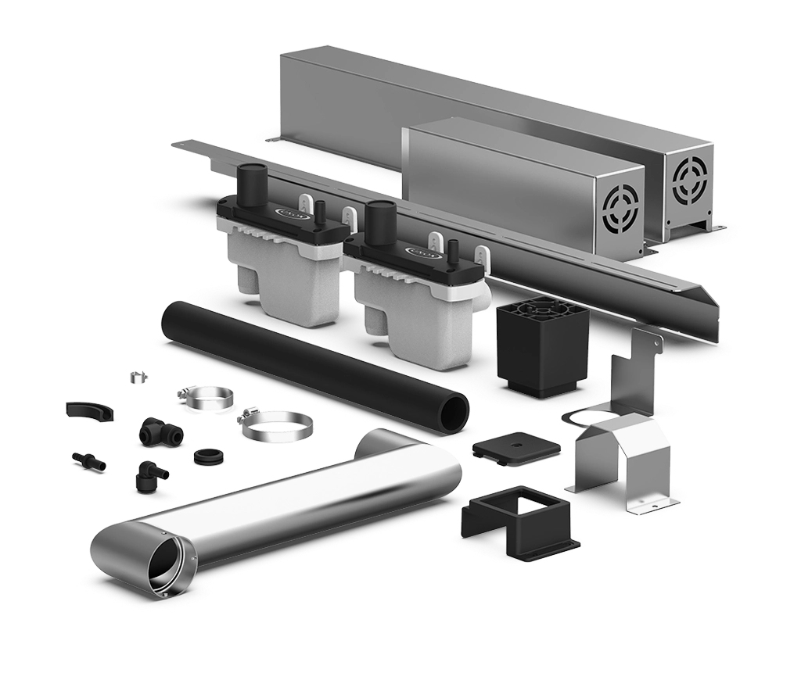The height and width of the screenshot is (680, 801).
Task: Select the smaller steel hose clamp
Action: click(x=207, y=398)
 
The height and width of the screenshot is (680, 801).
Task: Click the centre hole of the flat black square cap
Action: click(x=517, y=446)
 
